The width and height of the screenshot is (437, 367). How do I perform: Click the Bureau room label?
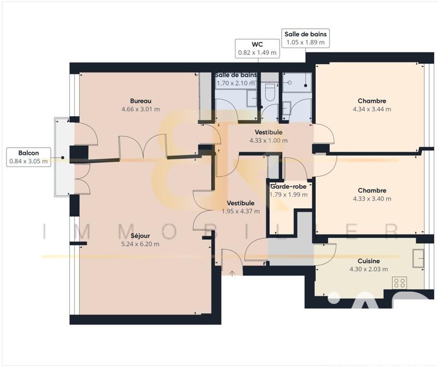point(140,101)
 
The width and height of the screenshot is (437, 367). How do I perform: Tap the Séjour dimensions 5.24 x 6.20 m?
point(140,244)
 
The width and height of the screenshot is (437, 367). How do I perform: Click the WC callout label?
point(257,49)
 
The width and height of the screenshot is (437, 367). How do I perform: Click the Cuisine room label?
point(369,261)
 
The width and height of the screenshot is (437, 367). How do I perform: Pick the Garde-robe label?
point(289,186)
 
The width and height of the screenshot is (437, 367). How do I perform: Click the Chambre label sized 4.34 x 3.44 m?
point(372,101)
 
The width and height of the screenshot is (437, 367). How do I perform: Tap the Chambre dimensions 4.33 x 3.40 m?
point(372,198)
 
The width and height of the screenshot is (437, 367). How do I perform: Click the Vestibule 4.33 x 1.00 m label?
point(268,133)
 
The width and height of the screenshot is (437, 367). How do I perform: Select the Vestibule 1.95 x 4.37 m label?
point(241,203)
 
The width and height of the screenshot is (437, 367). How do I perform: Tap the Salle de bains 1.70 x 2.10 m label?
point(236,75)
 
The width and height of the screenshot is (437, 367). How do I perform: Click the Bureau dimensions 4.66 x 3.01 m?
point(140,109)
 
